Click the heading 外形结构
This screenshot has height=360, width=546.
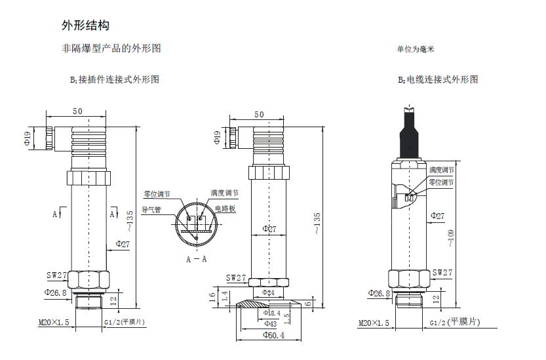pos(85,26)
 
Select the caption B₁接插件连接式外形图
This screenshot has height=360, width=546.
pos(115,79)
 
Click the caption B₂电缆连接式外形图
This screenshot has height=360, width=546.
pos(438,79)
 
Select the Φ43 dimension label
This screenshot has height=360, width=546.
pos(270,323)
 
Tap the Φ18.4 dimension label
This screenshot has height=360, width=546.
pos(271,313)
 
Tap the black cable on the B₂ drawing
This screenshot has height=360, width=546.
pos(408,131)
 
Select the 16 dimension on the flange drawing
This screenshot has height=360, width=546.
pos(212,296)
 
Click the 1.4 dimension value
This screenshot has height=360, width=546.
pos(225,297)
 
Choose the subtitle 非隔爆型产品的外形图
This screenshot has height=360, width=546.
pos(111,49)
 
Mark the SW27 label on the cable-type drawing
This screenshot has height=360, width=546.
pos(442,272)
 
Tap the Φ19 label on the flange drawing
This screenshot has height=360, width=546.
pos(217,137)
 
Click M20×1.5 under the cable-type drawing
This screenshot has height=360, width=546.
pos(374,323)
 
